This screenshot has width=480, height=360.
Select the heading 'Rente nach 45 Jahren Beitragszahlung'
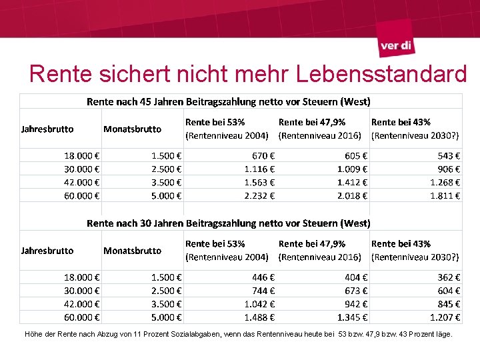(228, 102)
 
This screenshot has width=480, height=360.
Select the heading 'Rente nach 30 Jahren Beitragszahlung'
(228, 223)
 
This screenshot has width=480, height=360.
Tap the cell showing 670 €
(259, 155)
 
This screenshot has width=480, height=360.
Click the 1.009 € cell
(349, 168)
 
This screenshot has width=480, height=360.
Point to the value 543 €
(449, 155)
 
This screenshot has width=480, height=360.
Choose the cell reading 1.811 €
(445, 195)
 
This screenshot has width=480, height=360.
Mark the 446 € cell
(259, 277)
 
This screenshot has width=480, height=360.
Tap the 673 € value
(352, 290)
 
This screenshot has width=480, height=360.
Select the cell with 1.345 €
(349, 317)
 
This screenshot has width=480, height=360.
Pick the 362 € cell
(449, 277)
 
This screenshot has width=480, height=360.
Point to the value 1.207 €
(445, 317)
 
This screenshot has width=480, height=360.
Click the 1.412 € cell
(349, 182)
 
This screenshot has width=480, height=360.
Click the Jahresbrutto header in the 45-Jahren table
(47, 129)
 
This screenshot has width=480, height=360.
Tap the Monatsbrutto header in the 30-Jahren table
(132, 251)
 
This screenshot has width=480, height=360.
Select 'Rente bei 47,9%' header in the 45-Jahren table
(313, 122)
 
